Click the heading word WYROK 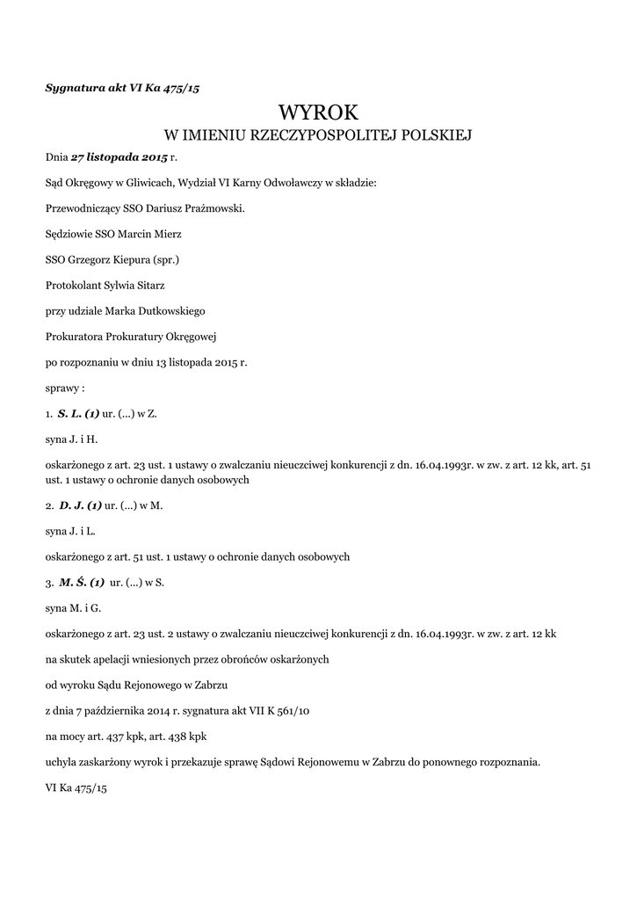(x=318, y=112)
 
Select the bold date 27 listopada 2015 (x=119, y=157)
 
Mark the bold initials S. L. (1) (x=78, y=412)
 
